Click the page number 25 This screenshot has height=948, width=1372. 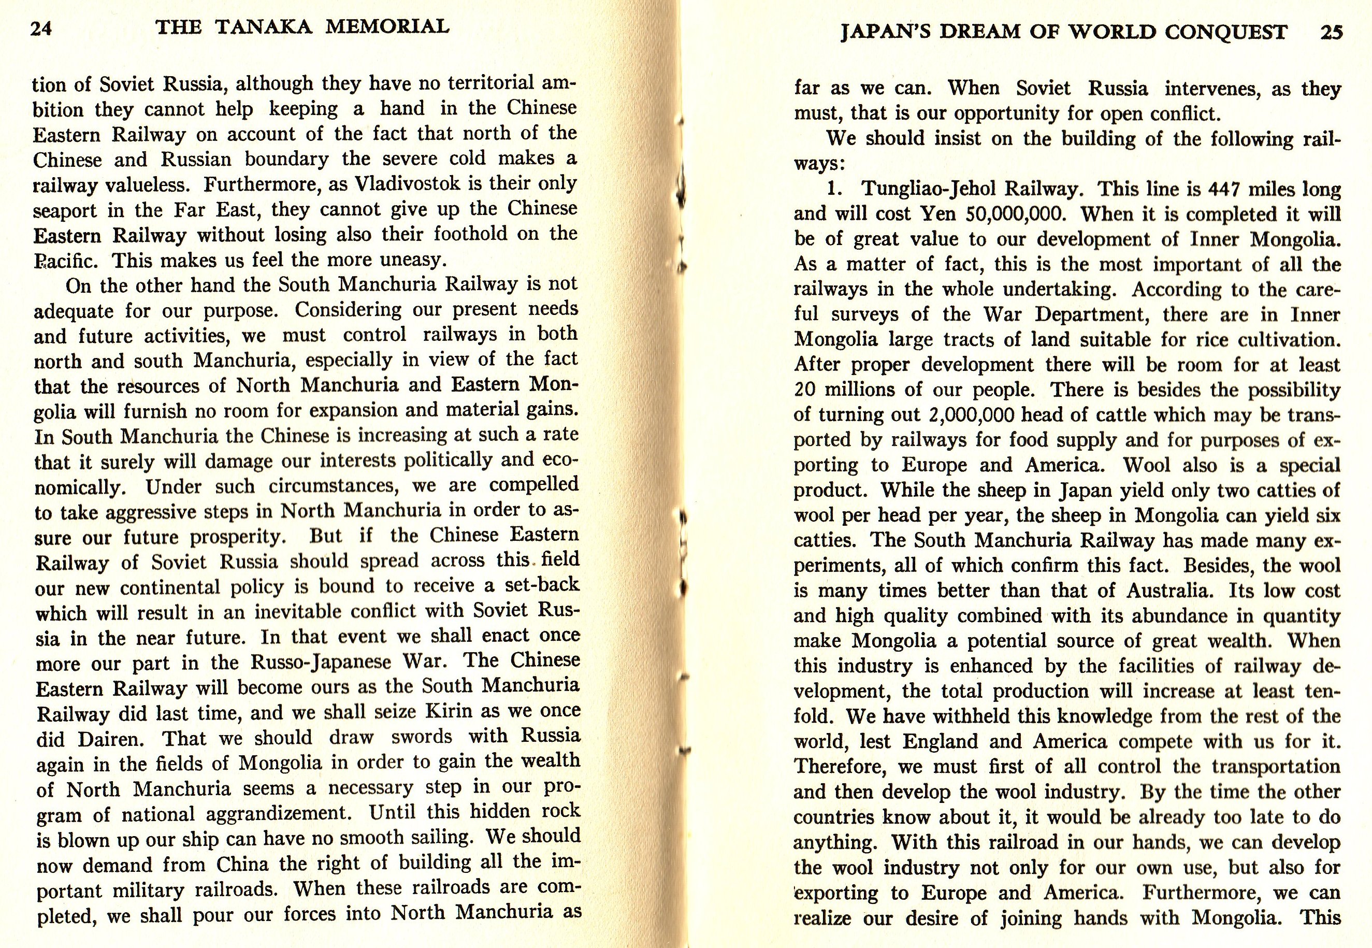[1331, 32]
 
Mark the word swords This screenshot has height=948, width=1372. [421, 737]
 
